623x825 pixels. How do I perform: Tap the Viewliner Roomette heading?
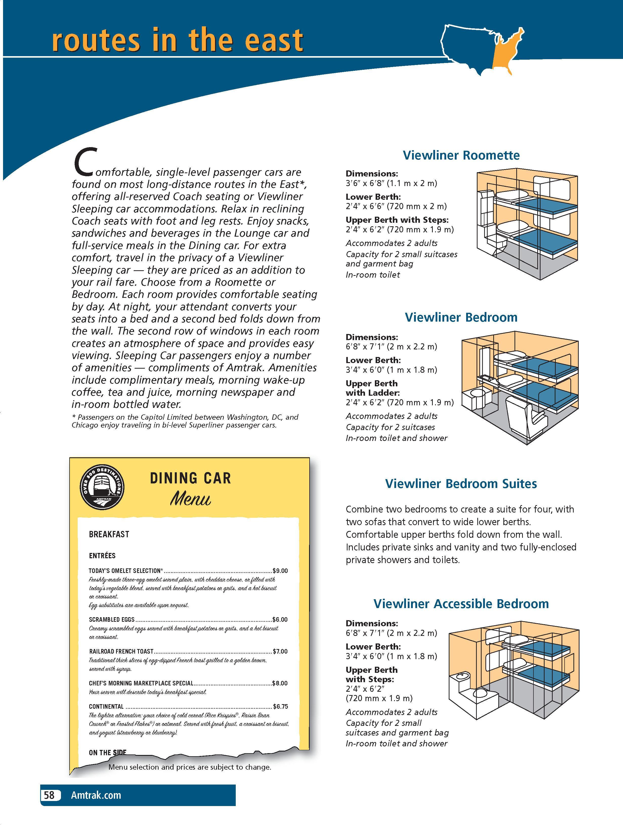[x=461, y=155]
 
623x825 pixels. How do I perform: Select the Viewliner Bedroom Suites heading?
[x=461, y=484]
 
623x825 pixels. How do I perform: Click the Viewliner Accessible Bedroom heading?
[x=461, y=604]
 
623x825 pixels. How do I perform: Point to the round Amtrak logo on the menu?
[x=102, y=487]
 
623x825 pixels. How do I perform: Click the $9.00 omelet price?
[x=280, y=571]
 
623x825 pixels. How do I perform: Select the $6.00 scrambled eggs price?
[x=280, y=619]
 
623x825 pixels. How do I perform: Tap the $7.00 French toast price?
[x=280, y=652]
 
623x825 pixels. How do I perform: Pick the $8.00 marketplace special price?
[x=280, y=683]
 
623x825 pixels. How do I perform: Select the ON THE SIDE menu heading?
[x=108, y=753]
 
